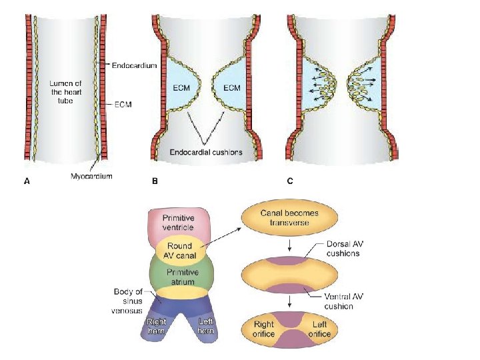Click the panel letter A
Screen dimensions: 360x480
point(26,181)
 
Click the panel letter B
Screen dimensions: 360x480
point(155,181)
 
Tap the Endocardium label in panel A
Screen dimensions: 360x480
point(134,65)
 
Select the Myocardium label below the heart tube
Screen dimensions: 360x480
point(92,176)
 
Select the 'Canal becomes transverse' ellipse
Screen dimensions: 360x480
point(289,217)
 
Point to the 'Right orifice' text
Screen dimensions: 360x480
point(264,329)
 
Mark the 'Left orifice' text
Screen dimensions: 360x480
point(319,329)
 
